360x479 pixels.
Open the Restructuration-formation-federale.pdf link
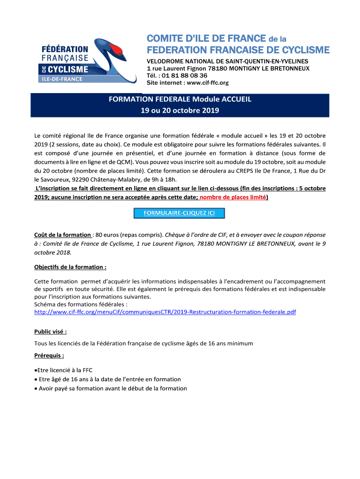pos(165,312)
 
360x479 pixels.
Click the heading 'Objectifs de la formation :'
pos(71,267)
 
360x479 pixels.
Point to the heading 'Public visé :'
pos(50,332)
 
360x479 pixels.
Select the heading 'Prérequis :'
pos(49,356)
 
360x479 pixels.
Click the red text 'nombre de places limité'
pos(233,197)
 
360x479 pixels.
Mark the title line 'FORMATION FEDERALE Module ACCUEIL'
pos(180,100)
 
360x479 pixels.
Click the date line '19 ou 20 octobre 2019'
pos(180,111)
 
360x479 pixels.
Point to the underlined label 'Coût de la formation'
pos(63,235)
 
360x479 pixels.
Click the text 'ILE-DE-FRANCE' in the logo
pos(61,79)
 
